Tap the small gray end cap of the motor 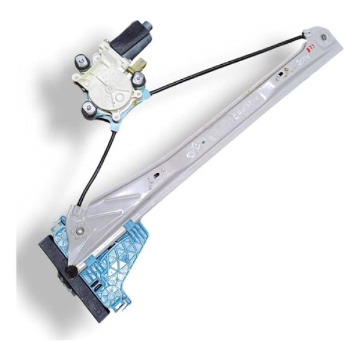click(146, 26)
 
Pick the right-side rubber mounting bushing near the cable click(138, 79)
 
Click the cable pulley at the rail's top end click(323, 37)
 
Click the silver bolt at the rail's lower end click(79, 230)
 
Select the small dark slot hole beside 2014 click(281, 76)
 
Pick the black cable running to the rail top click(228, 67)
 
